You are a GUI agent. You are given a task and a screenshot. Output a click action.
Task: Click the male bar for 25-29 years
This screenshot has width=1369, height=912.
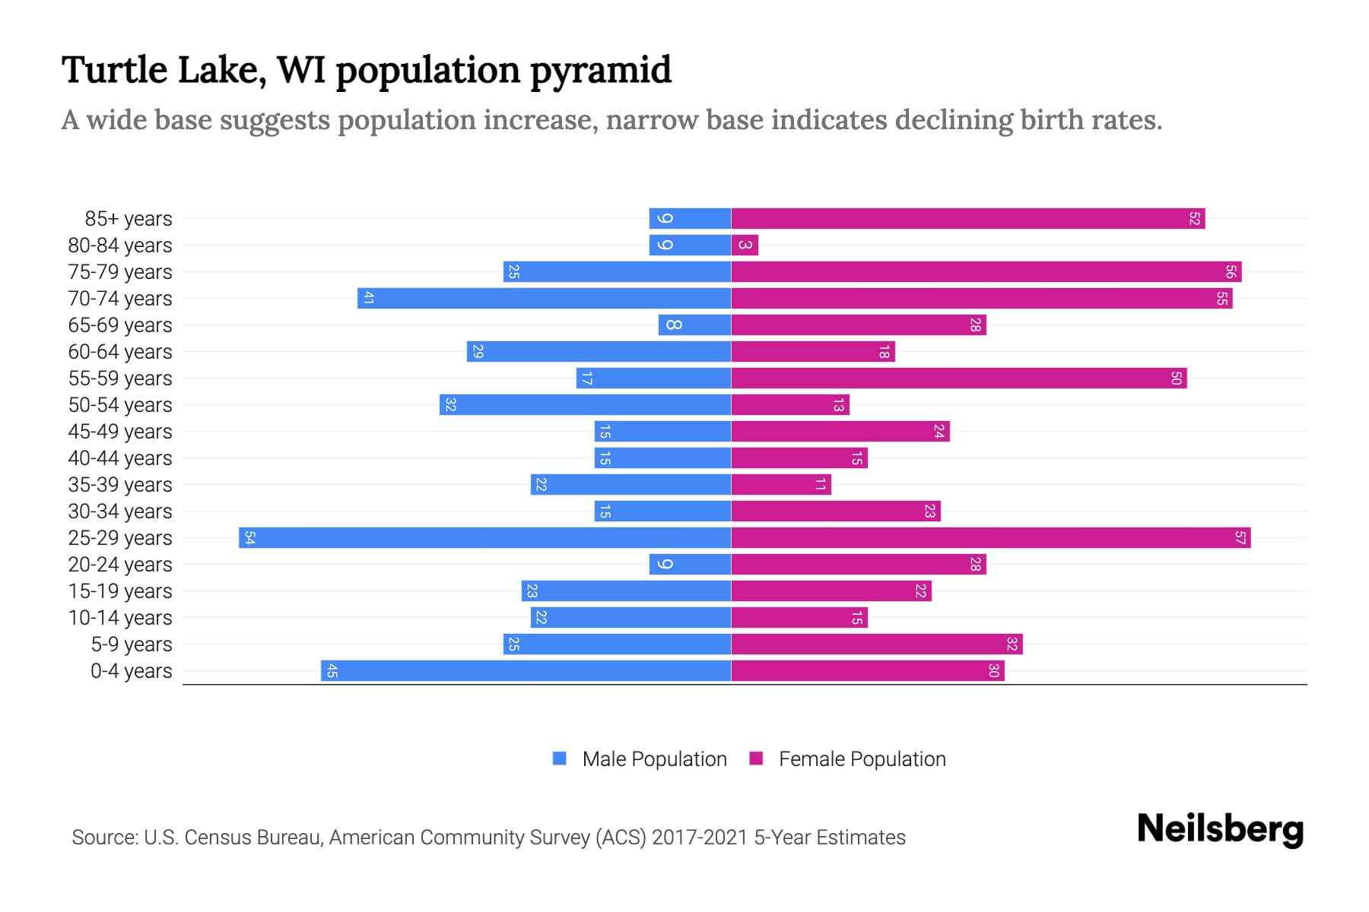[484, 538]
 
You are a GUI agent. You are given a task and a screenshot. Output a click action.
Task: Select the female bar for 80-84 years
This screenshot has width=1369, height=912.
[745, 245]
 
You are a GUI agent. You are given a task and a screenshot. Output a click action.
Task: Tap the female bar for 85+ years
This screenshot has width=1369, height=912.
[967, 219]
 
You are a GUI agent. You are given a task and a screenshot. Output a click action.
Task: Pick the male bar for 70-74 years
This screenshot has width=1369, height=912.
[544, 299]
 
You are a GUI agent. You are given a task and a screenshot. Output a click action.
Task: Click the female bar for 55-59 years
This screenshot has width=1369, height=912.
[958, 378]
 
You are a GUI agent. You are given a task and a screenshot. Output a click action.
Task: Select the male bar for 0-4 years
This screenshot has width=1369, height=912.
[526, 671]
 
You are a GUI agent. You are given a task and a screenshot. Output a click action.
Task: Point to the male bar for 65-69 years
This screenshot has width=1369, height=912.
[694, 325]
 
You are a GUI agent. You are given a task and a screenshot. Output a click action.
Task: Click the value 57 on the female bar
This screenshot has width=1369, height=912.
[1240, 538]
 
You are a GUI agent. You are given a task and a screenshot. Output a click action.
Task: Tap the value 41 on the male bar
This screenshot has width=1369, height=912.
[368, 299]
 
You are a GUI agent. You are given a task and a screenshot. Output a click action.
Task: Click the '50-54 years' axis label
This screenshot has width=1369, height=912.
[120, 405]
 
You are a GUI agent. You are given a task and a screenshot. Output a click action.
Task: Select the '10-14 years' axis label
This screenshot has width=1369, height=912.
[120, 618]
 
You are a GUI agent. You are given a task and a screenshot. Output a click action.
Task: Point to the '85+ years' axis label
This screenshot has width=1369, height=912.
[129, 219]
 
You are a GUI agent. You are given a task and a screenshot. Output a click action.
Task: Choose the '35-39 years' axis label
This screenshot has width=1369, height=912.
[120, 485]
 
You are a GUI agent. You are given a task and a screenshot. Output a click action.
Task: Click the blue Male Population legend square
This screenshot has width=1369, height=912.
[560, 758]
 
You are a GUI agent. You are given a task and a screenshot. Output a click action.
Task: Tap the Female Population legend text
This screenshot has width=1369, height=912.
[862, 759]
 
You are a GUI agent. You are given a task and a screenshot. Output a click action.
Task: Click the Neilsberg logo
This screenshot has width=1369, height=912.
[1220, 829]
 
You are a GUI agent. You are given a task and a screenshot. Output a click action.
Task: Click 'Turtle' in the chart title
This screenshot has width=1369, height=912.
[114, 70]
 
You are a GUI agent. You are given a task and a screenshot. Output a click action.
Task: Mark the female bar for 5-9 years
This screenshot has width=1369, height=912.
[876, 644]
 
